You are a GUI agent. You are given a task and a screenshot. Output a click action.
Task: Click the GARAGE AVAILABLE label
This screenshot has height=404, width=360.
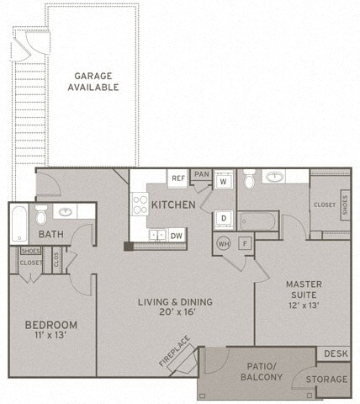point(94,81)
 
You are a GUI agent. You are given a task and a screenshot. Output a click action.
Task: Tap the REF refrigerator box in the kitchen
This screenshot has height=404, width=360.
point(178,178)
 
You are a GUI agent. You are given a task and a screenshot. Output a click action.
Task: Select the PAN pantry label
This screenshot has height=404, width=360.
point(201,174)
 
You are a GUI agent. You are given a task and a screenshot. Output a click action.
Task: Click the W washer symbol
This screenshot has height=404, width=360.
point(224,181)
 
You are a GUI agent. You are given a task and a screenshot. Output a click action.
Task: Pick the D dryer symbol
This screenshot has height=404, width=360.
point(224,218)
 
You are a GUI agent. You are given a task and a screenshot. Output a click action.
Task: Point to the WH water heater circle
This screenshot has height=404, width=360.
point(224,243)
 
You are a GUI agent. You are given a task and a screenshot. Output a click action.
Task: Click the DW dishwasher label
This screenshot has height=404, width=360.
point(177,236)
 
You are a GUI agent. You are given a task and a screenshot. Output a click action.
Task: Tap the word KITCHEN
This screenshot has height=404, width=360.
point(175,205)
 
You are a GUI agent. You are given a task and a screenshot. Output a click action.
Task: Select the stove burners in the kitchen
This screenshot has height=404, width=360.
point(140,205)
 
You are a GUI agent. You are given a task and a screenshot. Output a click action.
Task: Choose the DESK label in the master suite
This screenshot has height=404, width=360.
point(336,353)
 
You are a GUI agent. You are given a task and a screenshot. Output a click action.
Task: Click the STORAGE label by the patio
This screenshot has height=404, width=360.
point(326,380)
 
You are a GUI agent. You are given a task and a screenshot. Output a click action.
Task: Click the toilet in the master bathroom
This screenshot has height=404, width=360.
point(249,180)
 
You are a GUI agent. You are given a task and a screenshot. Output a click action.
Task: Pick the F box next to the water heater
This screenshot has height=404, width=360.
point(245,243)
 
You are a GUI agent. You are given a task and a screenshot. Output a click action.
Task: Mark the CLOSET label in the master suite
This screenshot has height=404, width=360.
point(324,205)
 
